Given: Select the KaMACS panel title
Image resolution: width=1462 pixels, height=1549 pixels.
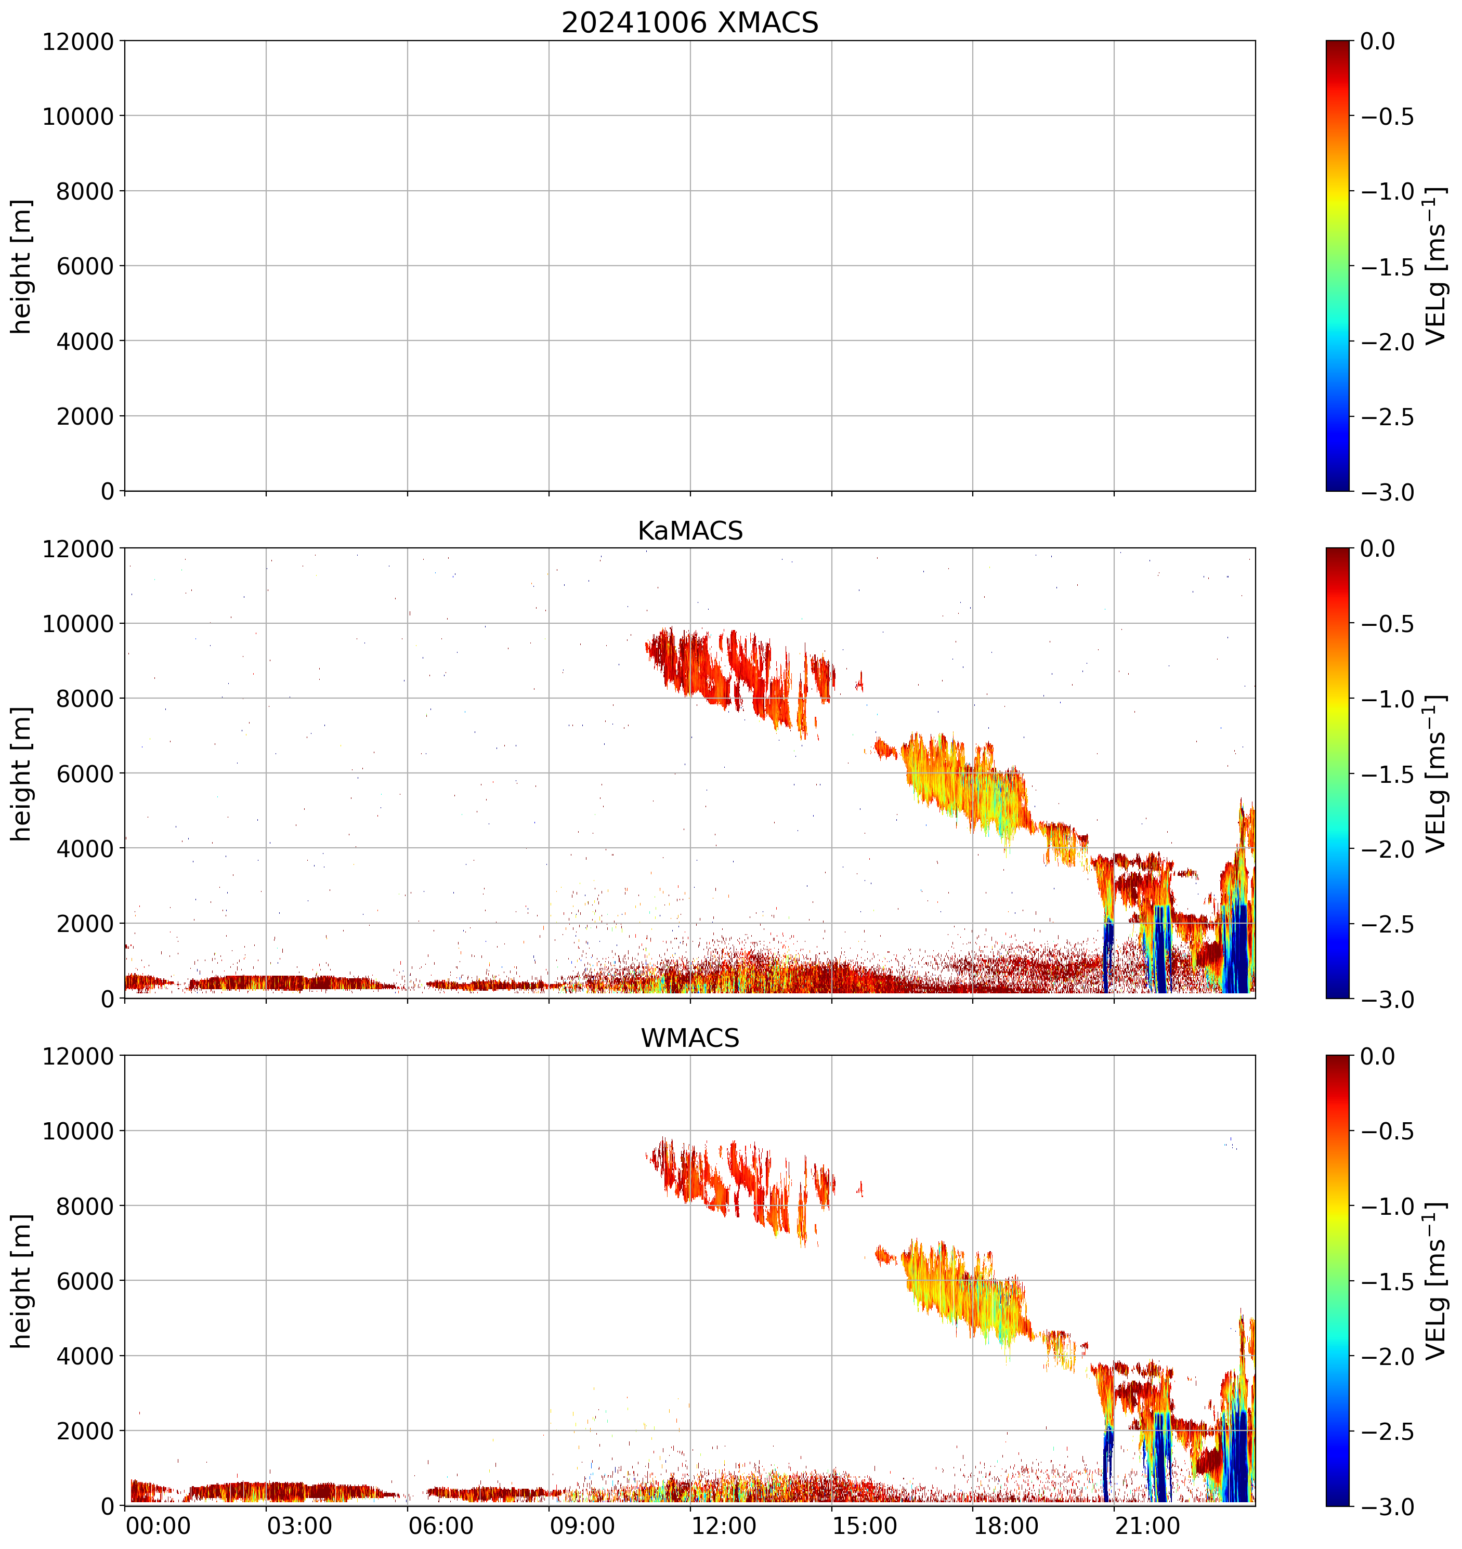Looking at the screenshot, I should click(x=690, y=531).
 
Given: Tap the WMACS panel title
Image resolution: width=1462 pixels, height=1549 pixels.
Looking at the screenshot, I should click(x=690, y=1039).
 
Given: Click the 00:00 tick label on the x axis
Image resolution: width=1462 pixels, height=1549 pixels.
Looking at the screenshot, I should click(x=158, y=1526).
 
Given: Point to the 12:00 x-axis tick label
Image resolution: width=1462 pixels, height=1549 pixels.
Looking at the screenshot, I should click(x=724, y=1526).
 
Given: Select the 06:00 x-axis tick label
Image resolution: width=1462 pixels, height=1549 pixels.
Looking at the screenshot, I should click(x=441, y=1526).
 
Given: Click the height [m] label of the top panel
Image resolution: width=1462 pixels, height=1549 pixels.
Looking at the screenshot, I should click(x=22, y=267).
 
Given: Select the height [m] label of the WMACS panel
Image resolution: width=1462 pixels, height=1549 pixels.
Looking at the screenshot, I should click(x=22, y=1281).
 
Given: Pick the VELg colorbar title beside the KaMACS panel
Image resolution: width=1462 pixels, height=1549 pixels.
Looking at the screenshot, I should click(x=1435, y=774).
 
